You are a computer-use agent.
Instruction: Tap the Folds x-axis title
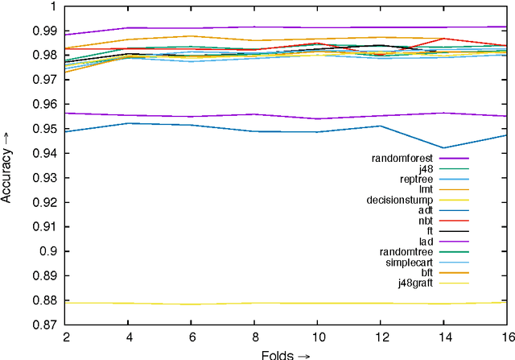[285, 354]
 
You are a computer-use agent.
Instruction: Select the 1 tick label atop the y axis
[53, 6]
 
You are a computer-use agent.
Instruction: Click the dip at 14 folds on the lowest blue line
[443, 147]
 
